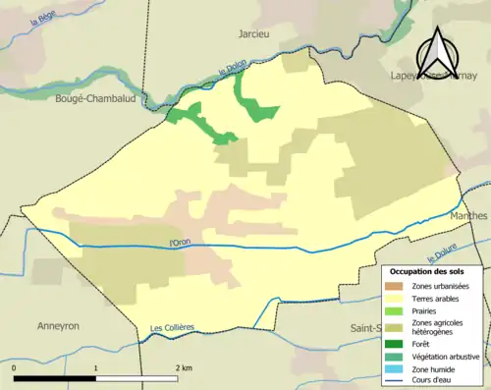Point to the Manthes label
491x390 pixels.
(468, 215)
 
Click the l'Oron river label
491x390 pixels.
(179, 243)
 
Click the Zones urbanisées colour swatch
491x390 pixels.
(398, 285)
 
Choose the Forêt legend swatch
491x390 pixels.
(398, 343)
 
